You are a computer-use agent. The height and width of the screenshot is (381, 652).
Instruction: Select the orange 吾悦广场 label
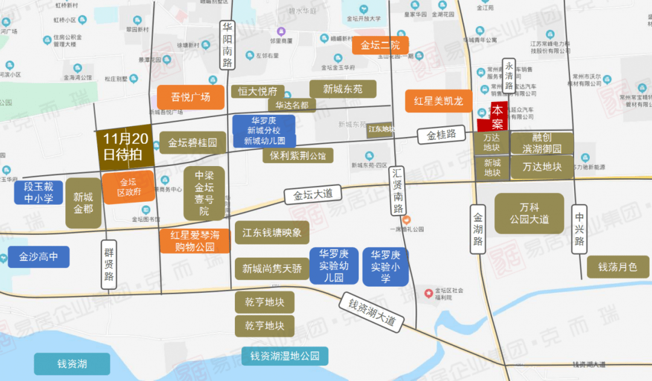point(191,97)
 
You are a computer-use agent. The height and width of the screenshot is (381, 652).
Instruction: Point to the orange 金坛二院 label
point(380,45)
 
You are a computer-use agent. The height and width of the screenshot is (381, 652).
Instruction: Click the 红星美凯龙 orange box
point(438,101)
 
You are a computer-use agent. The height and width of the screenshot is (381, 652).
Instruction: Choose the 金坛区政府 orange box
point(127,187)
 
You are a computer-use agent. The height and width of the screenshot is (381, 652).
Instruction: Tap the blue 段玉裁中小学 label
point(39,193)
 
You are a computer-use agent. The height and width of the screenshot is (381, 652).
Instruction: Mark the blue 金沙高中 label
point(39,257)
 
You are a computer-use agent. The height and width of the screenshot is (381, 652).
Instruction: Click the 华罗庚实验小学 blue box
point(385,266)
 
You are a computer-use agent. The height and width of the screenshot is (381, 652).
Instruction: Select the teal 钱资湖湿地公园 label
point(284,356)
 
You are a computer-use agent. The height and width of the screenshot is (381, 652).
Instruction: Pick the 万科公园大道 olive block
point(529,213)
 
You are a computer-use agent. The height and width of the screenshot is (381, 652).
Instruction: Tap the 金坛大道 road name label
point(313,195)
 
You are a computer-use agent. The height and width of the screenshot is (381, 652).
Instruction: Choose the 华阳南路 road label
point(227,45)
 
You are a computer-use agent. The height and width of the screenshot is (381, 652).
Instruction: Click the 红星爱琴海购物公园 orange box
point(194,241)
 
